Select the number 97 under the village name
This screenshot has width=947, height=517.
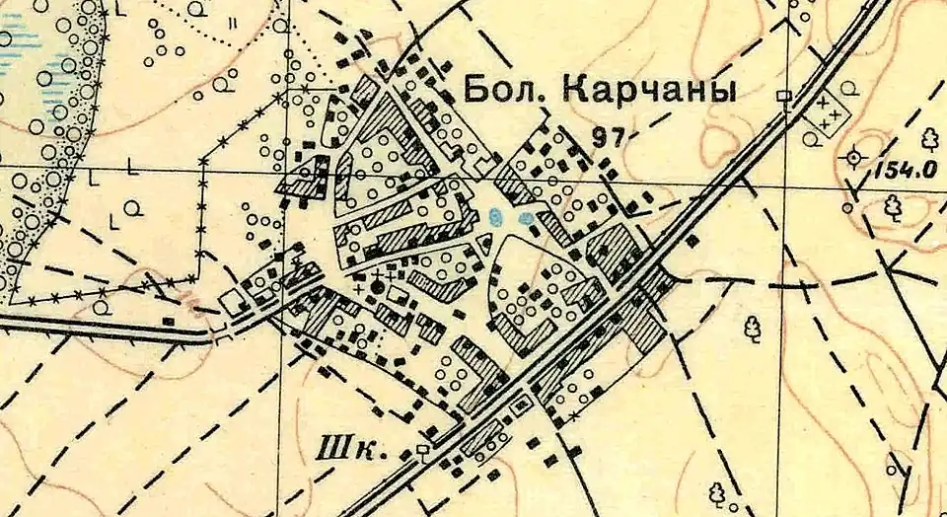pyautogui.click(x=607, y=137)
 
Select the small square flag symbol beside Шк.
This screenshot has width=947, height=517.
pyautogui.click(x=424, y=452)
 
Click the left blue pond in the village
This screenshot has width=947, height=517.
pyautogui.click(x=498, y=216)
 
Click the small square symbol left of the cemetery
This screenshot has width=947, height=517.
pyautogui.click(x=784, y=96)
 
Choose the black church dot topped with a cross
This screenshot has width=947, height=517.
pyautogui.click(x=376, y=285)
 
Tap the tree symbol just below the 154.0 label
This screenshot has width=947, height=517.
pyautogui.click(x=894, y=205)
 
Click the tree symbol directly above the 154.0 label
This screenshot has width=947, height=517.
pyautogui.click(x=928, y=136)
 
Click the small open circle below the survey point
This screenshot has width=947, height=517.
pyautogui.click(x=847, y=208)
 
